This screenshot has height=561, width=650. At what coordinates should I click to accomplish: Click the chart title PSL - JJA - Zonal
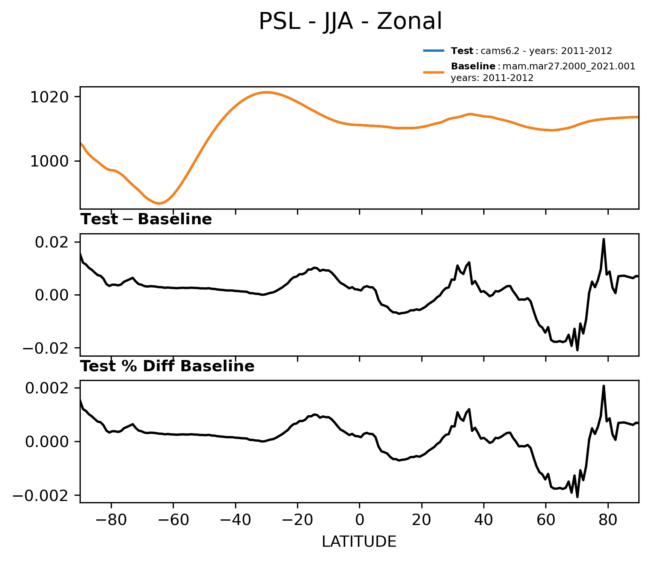350,22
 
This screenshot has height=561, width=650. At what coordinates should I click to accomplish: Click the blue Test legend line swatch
434,51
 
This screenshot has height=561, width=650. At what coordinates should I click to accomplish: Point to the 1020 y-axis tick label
49,97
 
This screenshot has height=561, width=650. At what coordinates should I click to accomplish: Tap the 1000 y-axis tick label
49,161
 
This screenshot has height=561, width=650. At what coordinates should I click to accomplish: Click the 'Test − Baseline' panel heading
146,220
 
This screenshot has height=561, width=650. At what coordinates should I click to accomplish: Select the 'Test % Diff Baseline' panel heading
167,366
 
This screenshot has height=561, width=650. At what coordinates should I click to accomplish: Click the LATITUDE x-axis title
359,542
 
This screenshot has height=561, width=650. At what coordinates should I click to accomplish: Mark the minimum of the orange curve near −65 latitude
159,203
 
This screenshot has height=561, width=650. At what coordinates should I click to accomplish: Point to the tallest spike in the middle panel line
603,239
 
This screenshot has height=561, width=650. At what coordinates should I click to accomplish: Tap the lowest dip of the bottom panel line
577,497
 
